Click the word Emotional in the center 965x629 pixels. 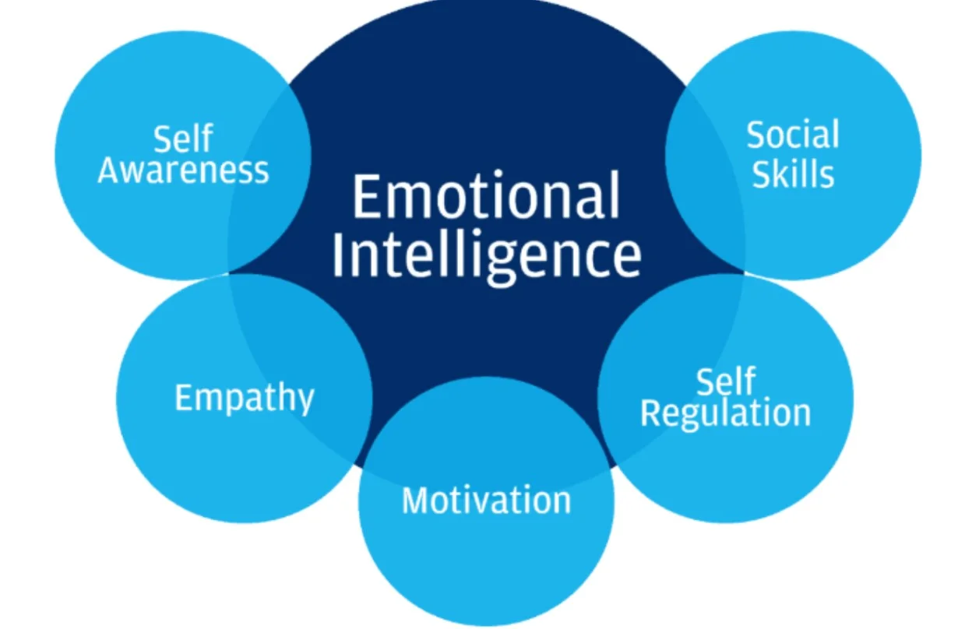(486, 196)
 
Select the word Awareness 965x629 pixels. (184, 170)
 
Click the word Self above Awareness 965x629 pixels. (183, 139)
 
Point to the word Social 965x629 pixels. (793, 135)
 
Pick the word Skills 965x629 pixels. (793, 174)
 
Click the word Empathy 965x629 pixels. (245, 399)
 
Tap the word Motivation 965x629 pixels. (486, 500)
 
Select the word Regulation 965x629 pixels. (726, 413)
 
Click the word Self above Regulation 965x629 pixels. (726, 381)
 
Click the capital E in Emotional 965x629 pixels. (367, 196)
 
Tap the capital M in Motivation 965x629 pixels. (416, 501)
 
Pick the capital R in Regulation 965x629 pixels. (650, 413)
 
